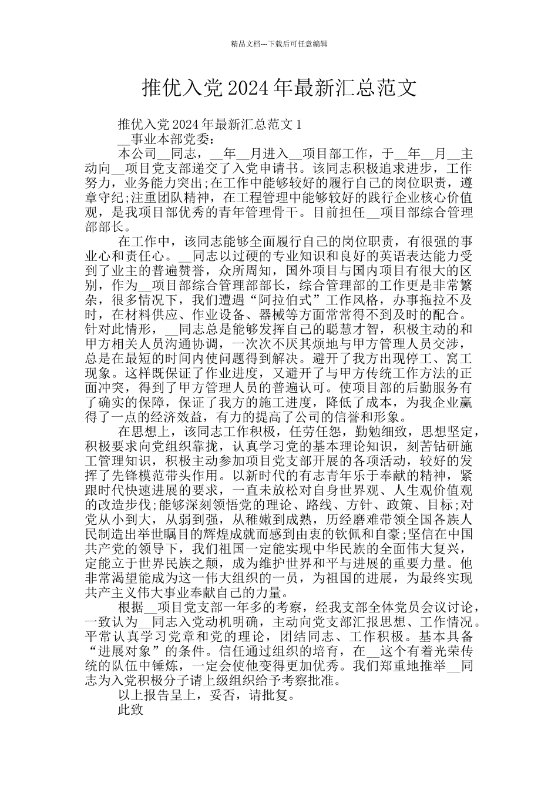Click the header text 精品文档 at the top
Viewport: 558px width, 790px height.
(x=244, y=44)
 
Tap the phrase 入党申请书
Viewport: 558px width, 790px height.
(x=267, y=168)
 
